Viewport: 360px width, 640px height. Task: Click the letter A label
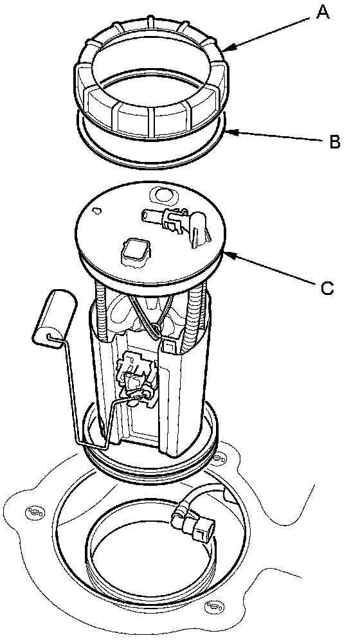tap(322, 13)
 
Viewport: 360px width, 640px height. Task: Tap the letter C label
tap(327, 288)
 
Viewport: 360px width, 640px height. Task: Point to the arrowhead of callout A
tap(226, 49)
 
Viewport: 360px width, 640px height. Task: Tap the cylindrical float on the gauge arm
tap(55, 314)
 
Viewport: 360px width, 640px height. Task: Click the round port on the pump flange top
tap(163, 195)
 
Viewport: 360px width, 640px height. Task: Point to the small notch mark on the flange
tap(97, 211)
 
